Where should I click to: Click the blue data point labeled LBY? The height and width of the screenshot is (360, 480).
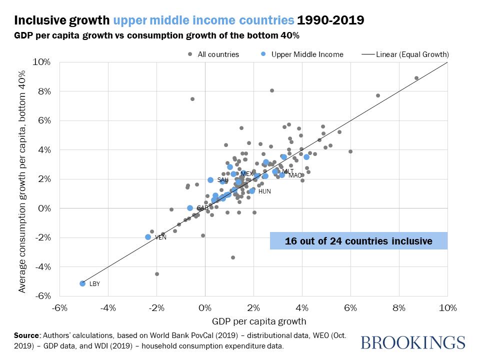(82, 283)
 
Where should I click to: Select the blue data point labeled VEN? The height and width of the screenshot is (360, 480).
(148, 237)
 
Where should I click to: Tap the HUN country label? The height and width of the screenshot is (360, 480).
(264, 191)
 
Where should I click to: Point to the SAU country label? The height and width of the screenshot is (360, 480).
(223, 180)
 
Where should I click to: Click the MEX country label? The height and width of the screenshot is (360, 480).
(246, 173)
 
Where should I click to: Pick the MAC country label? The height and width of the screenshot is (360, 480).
(295, 175)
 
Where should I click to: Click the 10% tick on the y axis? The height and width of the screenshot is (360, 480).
(41, 62)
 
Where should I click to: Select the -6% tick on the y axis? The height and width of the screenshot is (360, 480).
(41, 296)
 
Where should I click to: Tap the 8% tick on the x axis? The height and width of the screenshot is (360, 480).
(399, 306)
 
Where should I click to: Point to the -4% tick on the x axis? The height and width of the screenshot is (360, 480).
(108, 306)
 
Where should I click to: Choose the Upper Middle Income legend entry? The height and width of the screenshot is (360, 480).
(307, 54)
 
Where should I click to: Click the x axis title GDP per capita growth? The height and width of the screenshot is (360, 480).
(252, 320)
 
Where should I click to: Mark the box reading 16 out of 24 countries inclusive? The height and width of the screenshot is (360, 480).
(358, 240)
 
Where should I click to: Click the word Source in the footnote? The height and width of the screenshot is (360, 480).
(27, 335)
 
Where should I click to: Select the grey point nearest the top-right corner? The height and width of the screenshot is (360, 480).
(416, 78)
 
